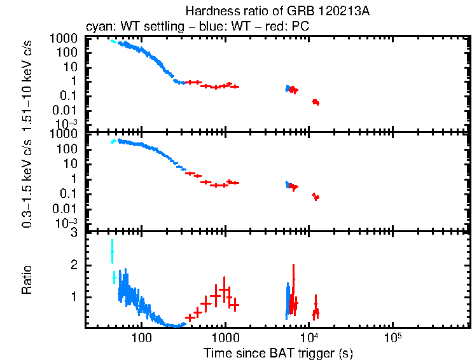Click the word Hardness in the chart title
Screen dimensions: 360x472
[x=207, y=11]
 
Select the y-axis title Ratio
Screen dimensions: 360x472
[x=27, y=280]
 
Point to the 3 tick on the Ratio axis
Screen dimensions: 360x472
[x=74, y=233]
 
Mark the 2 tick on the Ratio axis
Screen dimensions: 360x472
[x=74, y=265]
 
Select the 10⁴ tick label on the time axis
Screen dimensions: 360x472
[x=309, y=336]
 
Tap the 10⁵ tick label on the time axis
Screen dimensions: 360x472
[x=392, y=336]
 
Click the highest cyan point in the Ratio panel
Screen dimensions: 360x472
[x=112, y=251]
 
